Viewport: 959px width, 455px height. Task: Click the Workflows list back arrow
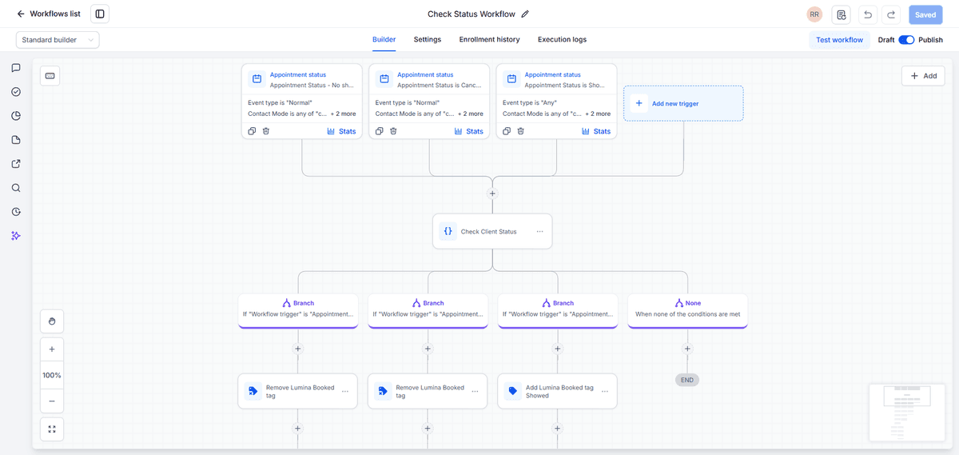(21, 14)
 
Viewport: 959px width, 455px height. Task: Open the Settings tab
(427, 39)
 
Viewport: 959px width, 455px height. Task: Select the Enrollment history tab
(489, 39)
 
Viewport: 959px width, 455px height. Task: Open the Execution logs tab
(562, 39)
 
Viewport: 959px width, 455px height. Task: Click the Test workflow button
(839, 40)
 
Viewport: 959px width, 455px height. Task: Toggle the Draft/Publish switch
(906, 40)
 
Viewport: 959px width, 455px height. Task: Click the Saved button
(925, 14)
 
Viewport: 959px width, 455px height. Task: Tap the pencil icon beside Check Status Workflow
(525, 14)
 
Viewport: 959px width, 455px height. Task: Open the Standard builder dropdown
(58, 40)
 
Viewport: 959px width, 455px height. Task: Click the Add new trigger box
(683, 103)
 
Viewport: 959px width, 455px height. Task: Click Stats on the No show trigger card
(341, 131)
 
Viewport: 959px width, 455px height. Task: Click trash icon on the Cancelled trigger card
(393, 131)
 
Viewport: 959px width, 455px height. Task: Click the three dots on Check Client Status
(540, 231)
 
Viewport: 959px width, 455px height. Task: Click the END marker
(687, 380)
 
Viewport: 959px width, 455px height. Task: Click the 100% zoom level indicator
(52, 375)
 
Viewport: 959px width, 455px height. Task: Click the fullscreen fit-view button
(52, 429)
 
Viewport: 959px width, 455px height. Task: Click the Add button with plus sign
(923, 76)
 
